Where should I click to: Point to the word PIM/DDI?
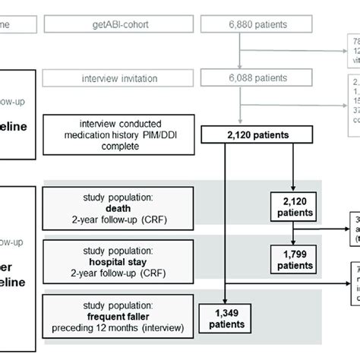point(146,136)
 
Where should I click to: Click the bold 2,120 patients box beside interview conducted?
point(248,136)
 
